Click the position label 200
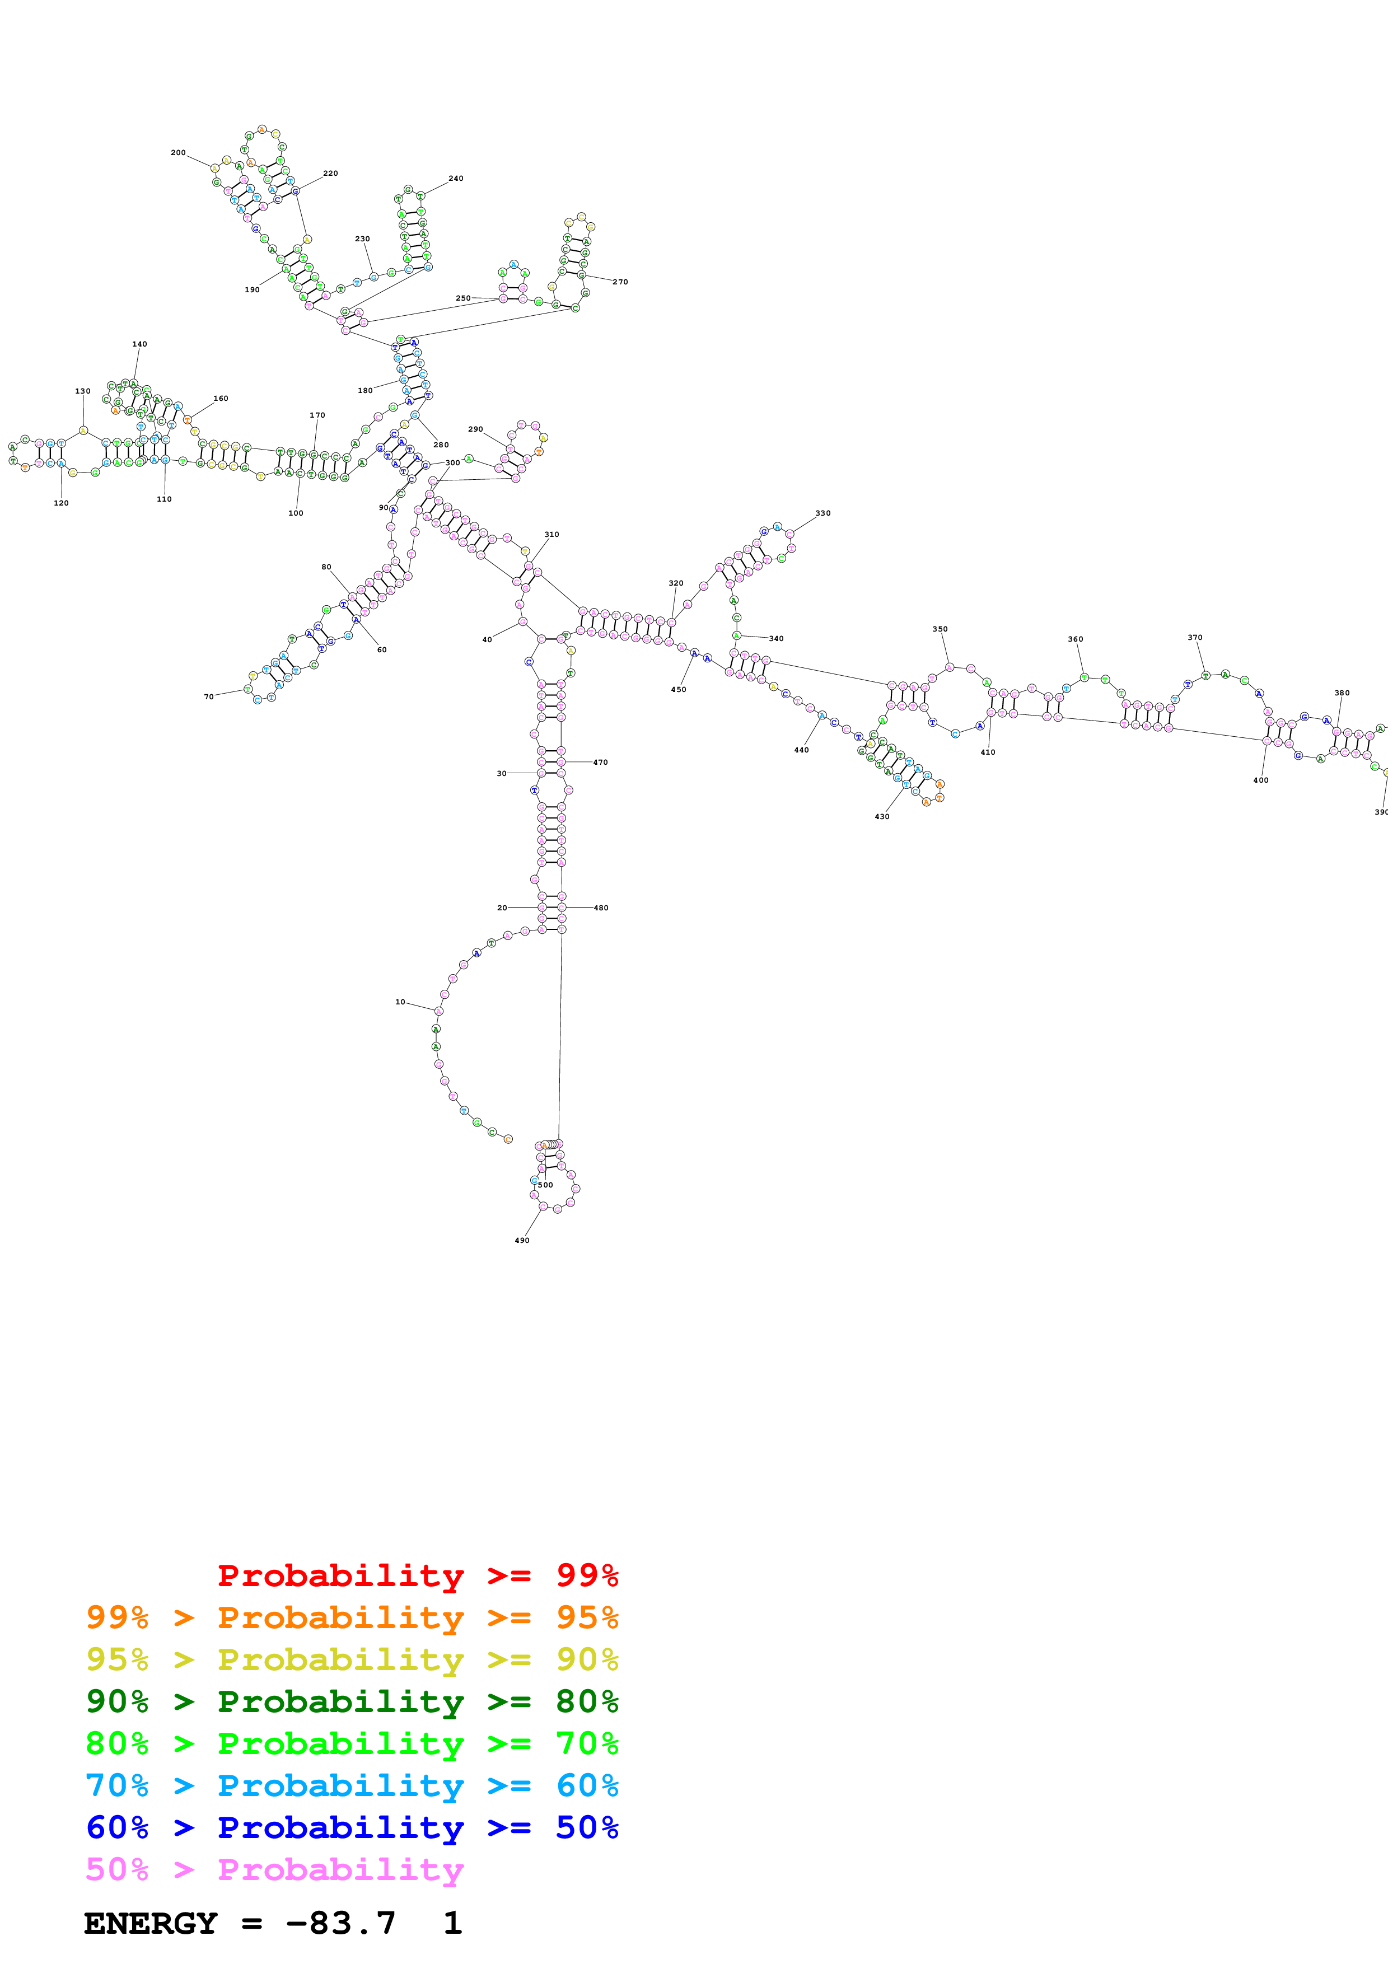pyautogui.click(x=178, y=153)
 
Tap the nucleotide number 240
pyautogui.click(x=456, y=179)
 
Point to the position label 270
pyautogui.click(x=620, y=282)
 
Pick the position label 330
pyautogui.click(x=822, y=514)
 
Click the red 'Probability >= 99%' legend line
pyautogui.click(x=417, y=1575)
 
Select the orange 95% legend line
pyautogui.click(x=352, y=1617)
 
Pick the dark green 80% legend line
pyautogui.click(x=352, y=1701)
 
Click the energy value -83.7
pyautogui.click(x=340, y=1923)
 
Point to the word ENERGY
pyautogui.click(x=151, y=1923)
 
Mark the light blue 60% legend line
pyautogui.click(x=352, y=1785)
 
